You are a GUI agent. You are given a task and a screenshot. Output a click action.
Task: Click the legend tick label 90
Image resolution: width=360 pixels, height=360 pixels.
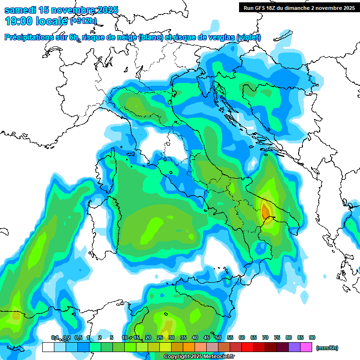pyautogui.click(x=312, y=337)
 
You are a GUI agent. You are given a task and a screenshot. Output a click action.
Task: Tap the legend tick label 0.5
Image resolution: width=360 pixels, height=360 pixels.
pyautogui.click(x=78, y=337)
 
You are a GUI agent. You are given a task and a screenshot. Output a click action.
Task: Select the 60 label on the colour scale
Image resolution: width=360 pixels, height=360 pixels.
pyautogui.click(x=242, y=337)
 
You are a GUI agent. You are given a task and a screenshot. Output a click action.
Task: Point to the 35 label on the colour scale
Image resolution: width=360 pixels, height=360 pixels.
pyautogui.click(x=183, y=337)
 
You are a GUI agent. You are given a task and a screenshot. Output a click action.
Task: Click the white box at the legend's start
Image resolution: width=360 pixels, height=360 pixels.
pyautogui.click(x=48, y=347)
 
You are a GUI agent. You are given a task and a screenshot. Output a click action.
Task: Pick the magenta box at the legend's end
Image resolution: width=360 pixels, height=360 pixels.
pyautogui.click(x=306, y=347)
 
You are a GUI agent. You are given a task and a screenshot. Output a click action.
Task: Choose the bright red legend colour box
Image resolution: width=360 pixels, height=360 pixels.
pyautogui.click(x=247, y=347)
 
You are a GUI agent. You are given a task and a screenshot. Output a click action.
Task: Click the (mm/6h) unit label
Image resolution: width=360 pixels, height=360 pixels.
pyautogui.click(x=327, y=348)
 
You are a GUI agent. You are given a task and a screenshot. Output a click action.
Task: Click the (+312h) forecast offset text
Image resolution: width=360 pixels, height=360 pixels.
pyautogui.click(x=83, y=21)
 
